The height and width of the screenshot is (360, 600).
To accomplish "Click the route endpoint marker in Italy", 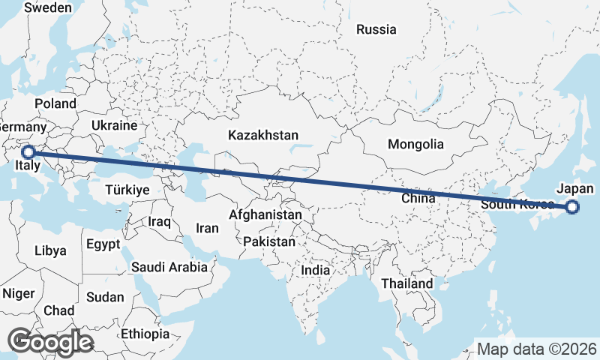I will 28,152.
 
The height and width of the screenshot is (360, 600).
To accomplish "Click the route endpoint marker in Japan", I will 572,208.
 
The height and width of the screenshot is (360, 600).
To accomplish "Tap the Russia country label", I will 376,30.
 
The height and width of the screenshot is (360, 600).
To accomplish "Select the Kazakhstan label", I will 263,136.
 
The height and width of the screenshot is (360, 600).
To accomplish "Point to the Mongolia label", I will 415,144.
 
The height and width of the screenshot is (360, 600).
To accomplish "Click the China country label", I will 418,199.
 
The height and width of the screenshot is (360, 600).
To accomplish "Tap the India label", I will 316,270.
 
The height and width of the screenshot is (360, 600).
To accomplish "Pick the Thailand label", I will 407,283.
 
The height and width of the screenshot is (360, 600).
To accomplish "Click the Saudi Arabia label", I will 169,267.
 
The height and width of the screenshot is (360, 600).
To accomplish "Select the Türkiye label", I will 127,190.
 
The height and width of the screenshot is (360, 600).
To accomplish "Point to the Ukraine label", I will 114,125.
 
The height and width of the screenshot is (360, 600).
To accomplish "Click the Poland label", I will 55,103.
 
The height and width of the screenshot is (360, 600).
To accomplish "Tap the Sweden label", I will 48,8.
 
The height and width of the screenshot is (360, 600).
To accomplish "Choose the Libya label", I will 50,250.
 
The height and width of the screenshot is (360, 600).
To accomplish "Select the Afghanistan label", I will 265,215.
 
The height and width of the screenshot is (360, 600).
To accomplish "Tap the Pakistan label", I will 269,242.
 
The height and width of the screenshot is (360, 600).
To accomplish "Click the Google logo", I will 52,342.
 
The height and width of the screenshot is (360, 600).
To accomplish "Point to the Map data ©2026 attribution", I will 537,349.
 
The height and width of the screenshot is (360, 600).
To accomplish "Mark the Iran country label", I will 207,228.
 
